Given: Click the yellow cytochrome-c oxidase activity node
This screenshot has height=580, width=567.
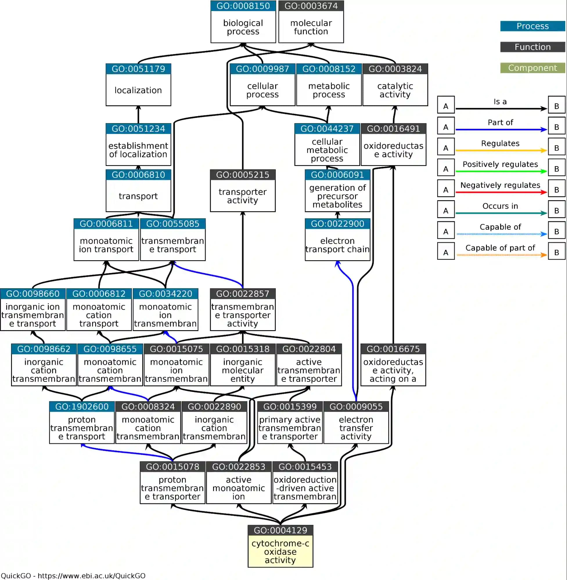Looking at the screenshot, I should tap(280, 552).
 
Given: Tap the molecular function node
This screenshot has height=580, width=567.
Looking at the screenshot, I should tap(311, 27).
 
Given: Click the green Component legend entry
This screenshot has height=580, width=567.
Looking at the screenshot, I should tap(532, 68).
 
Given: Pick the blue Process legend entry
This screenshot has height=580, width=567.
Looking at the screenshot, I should tap(532, 26).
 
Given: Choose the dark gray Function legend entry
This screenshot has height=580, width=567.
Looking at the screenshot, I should tap(532, 47).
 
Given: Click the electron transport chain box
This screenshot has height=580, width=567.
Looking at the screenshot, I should tap(337, 245).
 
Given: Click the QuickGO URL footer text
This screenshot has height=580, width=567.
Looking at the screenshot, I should tap(73, 576).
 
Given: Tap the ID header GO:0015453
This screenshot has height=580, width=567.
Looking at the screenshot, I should tap(305, 467).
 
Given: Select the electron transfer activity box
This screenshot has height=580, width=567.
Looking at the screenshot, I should tap(356, 428).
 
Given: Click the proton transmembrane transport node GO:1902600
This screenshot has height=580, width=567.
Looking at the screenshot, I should tap(82, 428).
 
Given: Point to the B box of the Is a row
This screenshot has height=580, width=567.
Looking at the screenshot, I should tap(556, 105).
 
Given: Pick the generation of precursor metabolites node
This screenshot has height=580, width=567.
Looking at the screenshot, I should tap(337, 196).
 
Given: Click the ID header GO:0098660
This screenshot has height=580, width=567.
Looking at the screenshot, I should tap(33, 294).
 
